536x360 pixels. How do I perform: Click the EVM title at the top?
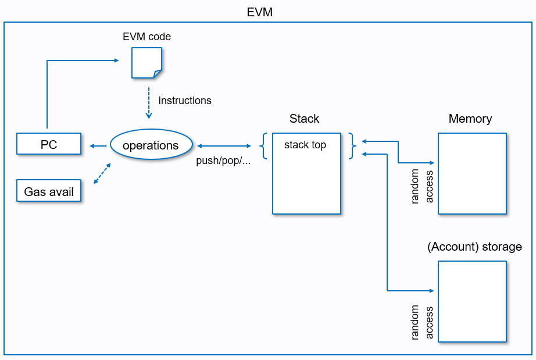click(259, 12)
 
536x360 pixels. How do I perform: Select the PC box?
click(49, 144)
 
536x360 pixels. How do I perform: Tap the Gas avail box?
click(49, 191)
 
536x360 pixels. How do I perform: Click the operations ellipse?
click(151, 145)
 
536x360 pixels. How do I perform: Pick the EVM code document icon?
click(146, 63)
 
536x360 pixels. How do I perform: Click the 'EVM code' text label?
click(146, 37)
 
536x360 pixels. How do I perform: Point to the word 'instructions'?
click(185, 101)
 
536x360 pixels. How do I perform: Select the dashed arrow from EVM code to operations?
click(149, 103)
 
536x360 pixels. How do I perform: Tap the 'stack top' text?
click(305, 145)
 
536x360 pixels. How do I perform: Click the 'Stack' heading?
click(304, 119)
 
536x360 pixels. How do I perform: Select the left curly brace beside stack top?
click(264, 145)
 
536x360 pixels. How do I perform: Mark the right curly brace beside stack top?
click(352, 145)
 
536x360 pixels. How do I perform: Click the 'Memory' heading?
click(470, 119)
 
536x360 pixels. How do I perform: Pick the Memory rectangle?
click(472, 174)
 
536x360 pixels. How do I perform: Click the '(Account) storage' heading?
click(474, 247)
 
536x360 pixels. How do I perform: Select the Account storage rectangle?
click(472, 301)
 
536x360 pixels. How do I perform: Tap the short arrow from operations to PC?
click(97, 145)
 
